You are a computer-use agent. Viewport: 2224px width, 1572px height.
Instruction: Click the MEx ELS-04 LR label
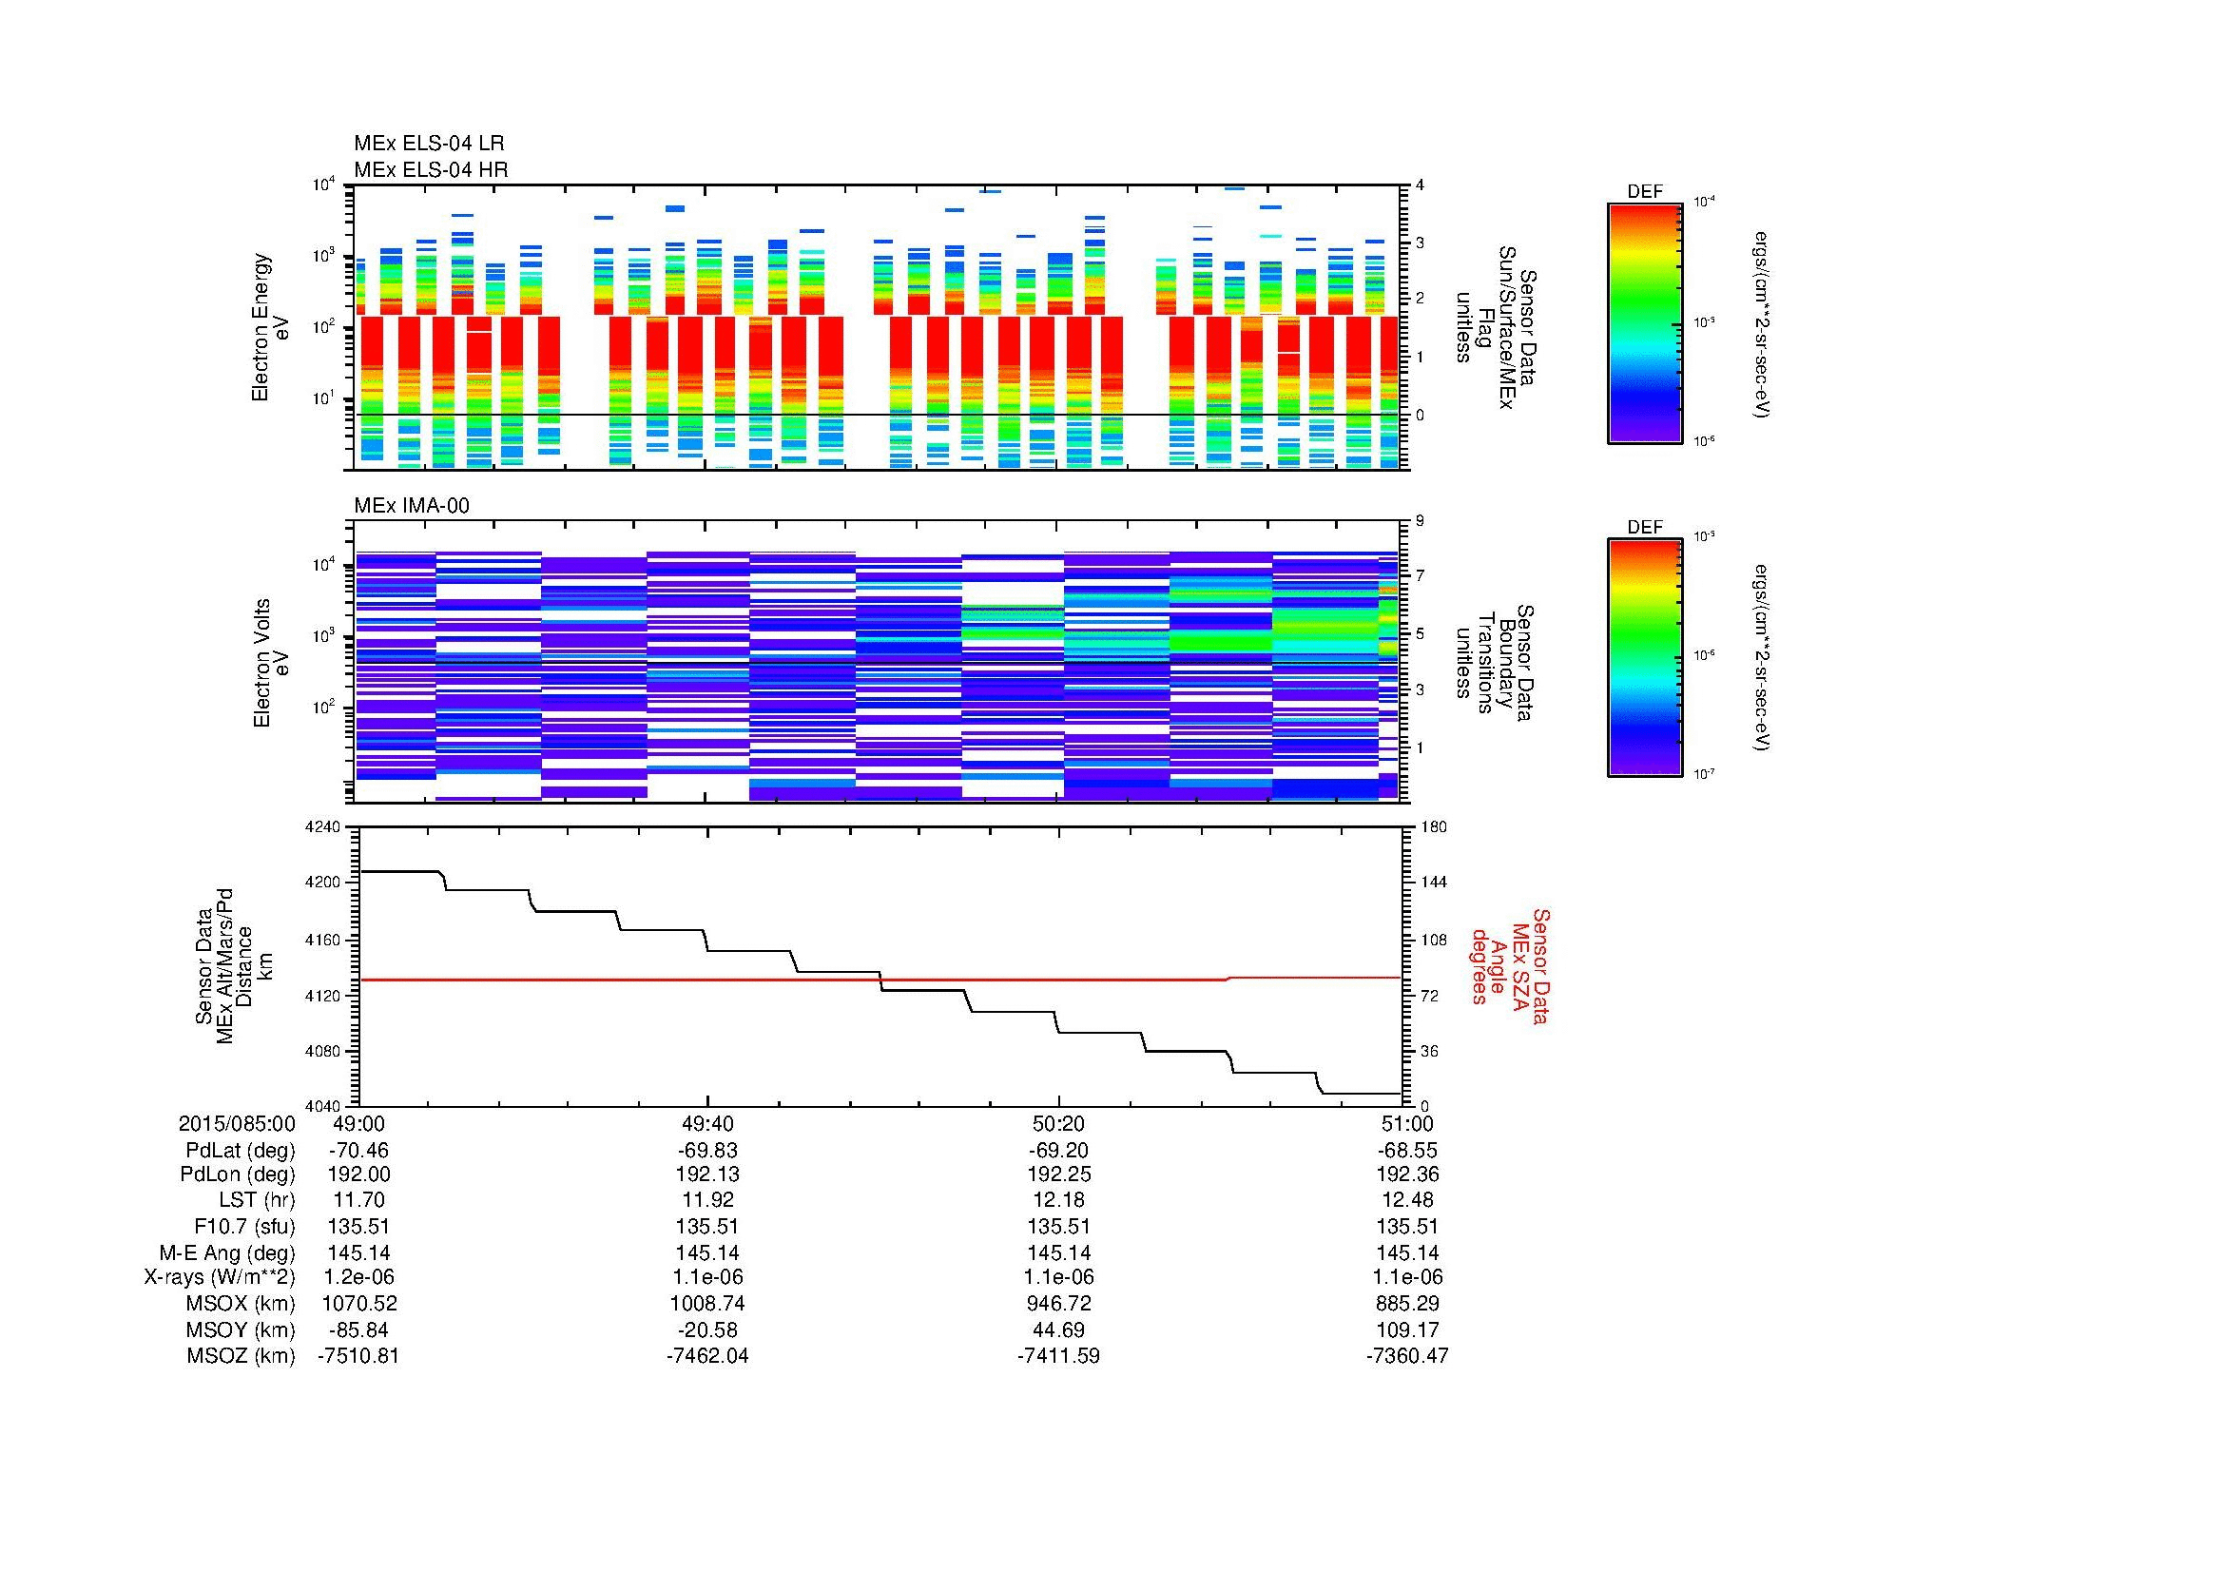(429, 145)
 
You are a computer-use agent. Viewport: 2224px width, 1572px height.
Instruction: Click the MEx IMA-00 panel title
(412, 506)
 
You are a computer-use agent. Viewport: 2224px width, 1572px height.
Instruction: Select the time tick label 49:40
(707, 1123)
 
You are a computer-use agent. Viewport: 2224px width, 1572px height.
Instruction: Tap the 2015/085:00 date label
(237, 1123)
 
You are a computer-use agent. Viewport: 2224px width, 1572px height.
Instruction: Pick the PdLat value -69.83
(707, 1151)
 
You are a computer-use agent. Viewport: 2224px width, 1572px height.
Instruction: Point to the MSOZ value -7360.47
(1406, 1356)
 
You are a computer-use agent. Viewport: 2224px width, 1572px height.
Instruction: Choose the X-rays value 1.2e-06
(358, 1277)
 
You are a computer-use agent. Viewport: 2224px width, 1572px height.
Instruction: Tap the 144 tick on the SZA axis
(1433, 883)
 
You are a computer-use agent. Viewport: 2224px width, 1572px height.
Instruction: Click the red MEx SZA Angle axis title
(1508, 965)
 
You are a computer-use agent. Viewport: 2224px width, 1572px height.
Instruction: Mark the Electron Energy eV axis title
(271, 327)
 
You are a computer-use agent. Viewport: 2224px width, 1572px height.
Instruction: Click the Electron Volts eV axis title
(271, 663)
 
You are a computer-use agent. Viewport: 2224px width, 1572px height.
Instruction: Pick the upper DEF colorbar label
(1645, 192)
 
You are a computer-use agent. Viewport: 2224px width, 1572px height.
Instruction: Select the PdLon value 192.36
(1406, 1174)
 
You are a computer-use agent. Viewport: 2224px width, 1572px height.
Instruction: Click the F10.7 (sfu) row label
(244, 1226)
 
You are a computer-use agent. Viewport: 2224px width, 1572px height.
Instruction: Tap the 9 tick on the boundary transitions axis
(1420, 521)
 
